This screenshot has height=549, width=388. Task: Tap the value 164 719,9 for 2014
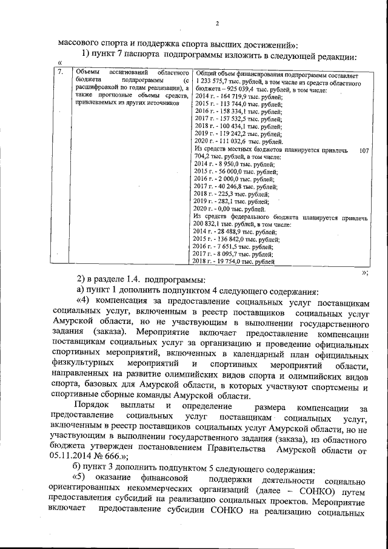[x=232, y=96]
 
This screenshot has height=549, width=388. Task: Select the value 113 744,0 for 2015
[x=232, y=104]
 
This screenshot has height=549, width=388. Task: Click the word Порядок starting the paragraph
[x=93, y=405]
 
